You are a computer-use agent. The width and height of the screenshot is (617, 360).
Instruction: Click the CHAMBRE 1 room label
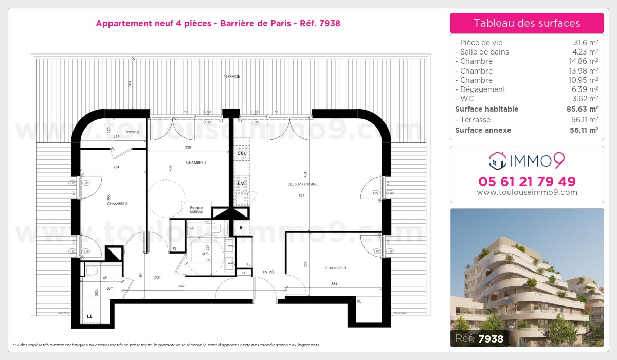195,163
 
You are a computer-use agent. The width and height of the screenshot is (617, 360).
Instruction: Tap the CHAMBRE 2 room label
117,204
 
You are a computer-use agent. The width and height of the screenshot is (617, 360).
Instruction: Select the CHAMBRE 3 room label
335,268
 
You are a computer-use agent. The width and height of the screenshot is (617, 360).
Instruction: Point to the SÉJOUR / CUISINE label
302,184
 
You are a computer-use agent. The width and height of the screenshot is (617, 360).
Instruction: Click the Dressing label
132,132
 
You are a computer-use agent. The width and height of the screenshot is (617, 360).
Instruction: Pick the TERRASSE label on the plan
231,76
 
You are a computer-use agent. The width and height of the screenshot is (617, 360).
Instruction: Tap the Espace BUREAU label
196,209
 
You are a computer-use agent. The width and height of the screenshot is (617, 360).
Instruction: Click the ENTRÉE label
268,272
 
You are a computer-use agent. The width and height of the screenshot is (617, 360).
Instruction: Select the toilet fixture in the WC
92,270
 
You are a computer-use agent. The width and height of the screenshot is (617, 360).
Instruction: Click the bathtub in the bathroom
204,228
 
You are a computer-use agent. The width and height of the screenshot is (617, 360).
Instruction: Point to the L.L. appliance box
90,315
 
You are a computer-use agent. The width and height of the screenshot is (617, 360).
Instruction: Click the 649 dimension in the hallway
182,286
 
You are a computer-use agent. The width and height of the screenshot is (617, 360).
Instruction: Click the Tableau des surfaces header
527,23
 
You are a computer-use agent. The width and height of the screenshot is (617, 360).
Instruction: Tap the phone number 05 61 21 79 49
527,182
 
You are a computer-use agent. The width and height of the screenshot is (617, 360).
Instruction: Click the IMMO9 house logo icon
497,160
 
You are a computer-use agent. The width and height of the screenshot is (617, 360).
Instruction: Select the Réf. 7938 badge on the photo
479,338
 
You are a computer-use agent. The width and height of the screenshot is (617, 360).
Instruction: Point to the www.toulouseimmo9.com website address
527,192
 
